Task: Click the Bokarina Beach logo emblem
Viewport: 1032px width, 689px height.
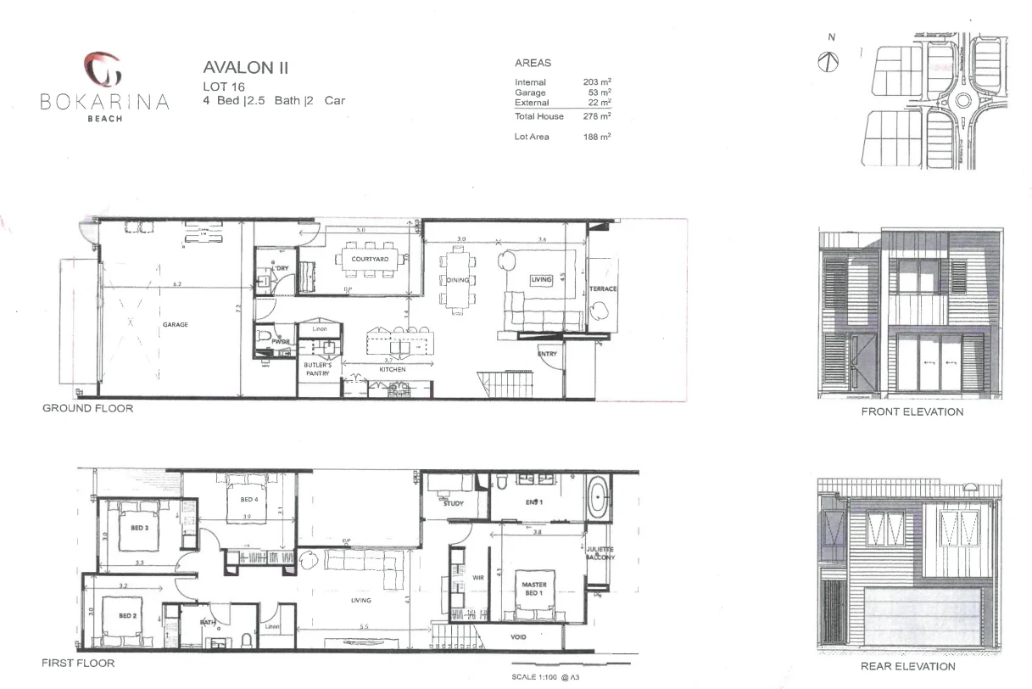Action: coord(104,70)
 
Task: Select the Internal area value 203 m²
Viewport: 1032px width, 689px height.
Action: coord(597,82)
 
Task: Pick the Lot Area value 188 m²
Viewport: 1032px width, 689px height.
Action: coord(597,137)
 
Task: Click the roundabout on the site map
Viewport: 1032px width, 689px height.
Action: coord(964,101)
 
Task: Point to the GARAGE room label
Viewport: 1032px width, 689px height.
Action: coord(176,324)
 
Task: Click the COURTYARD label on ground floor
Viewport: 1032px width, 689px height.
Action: coord(370,259)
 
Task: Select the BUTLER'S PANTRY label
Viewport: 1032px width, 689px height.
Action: coord(318,368)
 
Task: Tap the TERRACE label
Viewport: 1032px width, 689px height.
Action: coord(603,289)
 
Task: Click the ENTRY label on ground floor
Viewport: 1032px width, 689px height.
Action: coord(548,353)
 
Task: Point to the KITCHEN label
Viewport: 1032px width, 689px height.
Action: coord(393,370)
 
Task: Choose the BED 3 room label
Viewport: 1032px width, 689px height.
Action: coord(140,528)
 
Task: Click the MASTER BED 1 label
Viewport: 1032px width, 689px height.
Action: coord(534,589)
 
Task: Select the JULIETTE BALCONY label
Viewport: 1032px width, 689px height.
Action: coord(600,553)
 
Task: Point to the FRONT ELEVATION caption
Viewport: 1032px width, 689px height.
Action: coord(912,412)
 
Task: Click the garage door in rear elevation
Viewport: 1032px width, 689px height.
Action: coord(918,619)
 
